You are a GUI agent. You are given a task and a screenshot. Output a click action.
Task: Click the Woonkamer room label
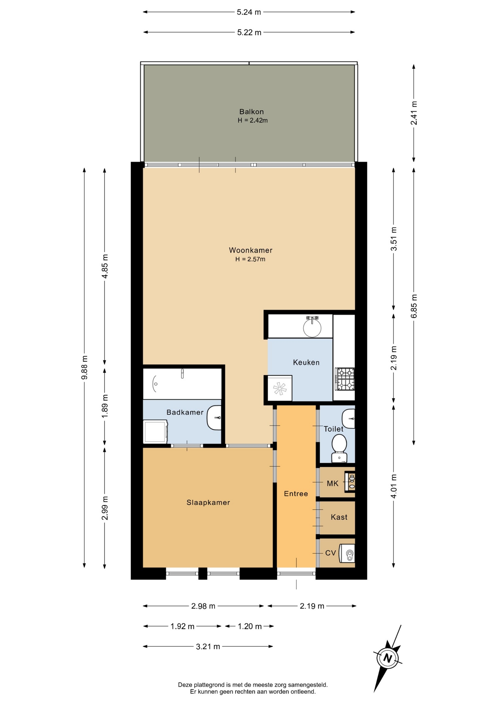(250, 250)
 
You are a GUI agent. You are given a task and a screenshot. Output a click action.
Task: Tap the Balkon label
(252, 111)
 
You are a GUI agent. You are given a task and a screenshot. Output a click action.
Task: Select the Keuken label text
(306, 362)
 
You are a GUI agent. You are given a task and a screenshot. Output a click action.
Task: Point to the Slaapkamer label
(208, 502)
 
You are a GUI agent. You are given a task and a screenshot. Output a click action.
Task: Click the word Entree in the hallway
(296, 494)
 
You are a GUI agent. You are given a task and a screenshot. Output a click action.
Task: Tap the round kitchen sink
(312, 328)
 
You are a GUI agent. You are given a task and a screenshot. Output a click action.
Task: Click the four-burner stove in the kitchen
(345, 379)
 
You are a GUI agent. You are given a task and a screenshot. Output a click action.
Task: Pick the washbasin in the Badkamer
(214, 418)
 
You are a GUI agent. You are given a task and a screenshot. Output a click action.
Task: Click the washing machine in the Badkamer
(155, 432)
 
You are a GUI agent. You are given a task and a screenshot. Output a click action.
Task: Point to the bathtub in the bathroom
(182, 384)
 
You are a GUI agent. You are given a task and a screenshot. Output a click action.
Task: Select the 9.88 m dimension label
(84, 368)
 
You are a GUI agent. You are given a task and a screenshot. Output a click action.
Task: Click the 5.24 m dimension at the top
(249, 12)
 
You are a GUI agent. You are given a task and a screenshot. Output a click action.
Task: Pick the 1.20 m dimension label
(250, 626)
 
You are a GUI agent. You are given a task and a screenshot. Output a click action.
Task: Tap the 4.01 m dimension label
(393, 486)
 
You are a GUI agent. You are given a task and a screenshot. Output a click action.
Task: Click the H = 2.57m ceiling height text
(250, 259)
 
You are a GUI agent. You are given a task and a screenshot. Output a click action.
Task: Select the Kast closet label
(339, 517)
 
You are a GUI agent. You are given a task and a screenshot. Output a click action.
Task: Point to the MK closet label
(333, 483)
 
